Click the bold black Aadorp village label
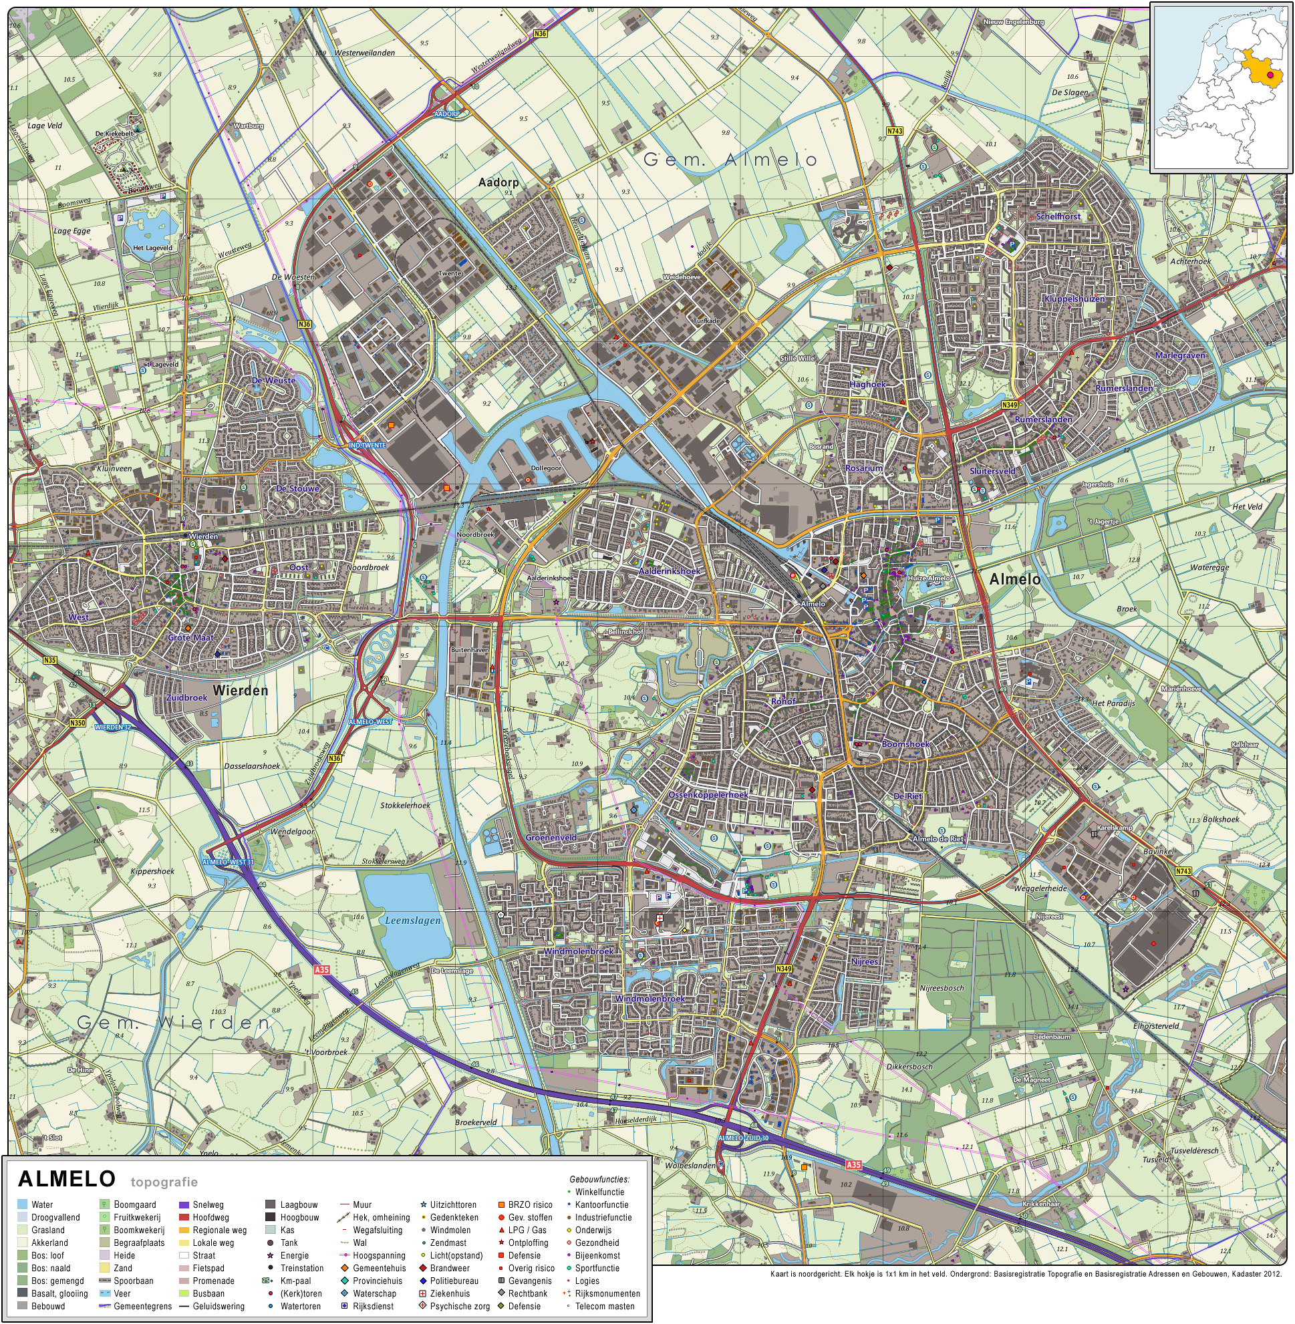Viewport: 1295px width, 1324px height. click(498, 182)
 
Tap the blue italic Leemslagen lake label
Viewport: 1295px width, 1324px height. click(413, 921)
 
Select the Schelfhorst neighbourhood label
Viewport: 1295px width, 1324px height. click(1058, 216)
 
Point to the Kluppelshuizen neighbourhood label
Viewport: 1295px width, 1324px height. click(1074, 299)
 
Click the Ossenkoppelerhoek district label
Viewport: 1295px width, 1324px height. click(708, 795)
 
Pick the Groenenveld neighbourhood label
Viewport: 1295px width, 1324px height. click(551, 838)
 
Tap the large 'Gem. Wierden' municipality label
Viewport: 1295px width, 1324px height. click(174, 1023)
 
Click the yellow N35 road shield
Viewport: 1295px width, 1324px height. click(49, 660)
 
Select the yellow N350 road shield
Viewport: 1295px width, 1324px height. click(78, 723)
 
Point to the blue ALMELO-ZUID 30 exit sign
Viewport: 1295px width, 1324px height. click(744, 1138)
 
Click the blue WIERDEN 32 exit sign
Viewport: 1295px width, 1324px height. click(112, 727)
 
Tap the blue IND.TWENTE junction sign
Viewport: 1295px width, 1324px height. click(368, 446)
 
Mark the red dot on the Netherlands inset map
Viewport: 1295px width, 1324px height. click(1270, 75)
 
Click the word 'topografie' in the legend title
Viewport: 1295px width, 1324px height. click(164, 1182)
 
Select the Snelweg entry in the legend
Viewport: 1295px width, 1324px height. click(207, 1205)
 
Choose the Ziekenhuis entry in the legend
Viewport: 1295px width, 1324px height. click(450, 1294)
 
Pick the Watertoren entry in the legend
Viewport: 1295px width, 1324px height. click(300, 1307)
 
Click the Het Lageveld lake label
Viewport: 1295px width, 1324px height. click(152, 248)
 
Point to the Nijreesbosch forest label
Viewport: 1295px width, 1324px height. click(942, 988)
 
